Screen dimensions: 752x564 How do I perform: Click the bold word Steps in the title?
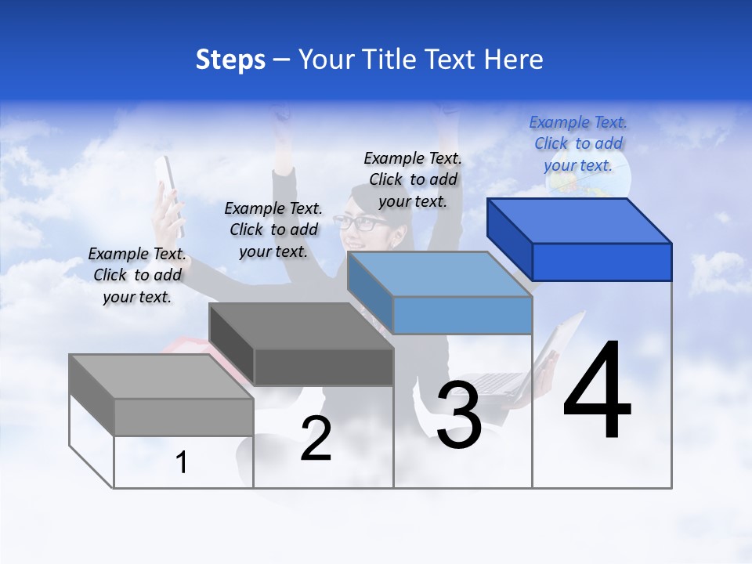click(x=230, y=60)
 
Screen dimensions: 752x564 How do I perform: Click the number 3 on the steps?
click(x=459, y=416)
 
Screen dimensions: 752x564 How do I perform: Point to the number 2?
click(x=316, y=439)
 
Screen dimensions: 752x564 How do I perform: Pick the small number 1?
click(x=182, y=462)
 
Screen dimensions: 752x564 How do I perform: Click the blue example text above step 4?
click(x=578, y=143)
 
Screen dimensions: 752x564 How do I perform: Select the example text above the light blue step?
click(x=413, y=179)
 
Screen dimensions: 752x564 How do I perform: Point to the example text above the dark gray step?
click(x=273, y=230)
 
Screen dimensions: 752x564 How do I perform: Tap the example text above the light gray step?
click(x=137, y=275)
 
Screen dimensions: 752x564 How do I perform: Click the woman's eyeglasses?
click(x=361, y=222)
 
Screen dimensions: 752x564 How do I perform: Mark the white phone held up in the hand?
click(x=170, y=192)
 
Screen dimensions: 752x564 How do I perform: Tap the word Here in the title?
click(x=513, y=60)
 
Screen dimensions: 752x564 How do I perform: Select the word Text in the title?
click(x=448, y=60)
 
